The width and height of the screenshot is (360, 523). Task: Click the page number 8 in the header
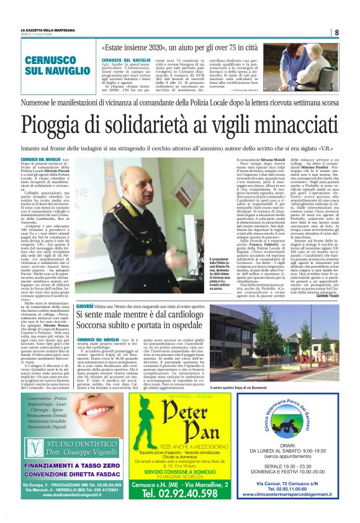coord(336,32)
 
